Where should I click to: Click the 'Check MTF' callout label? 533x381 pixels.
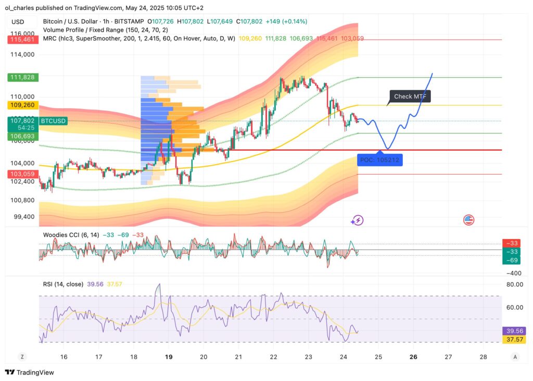click(x=410, y=97)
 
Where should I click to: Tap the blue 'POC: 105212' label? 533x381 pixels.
click(x=379, y=160)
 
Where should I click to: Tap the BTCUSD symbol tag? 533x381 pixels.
click(x=54, y=121)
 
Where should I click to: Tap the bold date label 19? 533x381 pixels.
click(x=169, y=357)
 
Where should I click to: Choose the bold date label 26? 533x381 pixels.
click(x=413, y=357)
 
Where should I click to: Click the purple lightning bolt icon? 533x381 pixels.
click(x=357, y=220)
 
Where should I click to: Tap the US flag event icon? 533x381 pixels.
click(x=468, y=220)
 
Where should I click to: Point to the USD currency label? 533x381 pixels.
click(x=18, y=21)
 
